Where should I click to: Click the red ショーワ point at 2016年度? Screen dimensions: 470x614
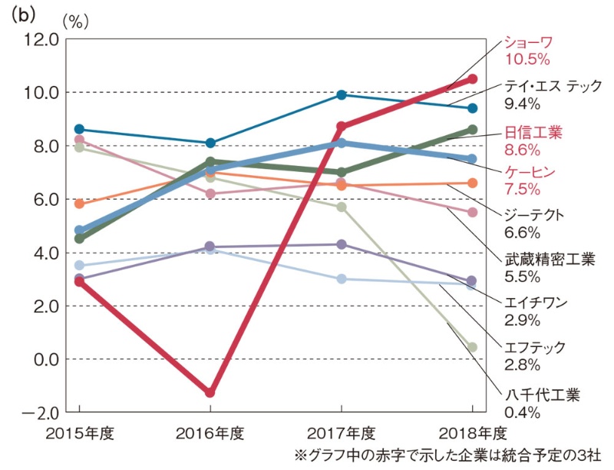[210, 392]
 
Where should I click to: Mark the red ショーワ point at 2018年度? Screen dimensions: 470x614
[473, 79]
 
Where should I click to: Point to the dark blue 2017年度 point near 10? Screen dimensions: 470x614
[342, 94]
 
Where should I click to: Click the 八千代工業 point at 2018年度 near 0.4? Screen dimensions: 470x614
[473, 347]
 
